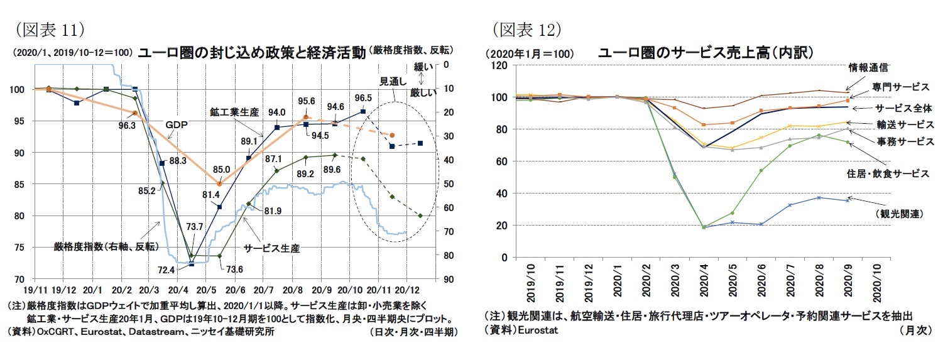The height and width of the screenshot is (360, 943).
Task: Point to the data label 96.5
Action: (363, 98)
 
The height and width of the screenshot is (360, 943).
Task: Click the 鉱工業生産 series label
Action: (234, 112)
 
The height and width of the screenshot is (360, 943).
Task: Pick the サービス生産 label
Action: (271, 248)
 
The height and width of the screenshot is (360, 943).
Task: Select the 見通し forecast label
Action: (394, 81)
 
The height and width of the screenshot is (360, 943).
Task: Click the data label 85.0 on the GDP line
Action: (221, 169)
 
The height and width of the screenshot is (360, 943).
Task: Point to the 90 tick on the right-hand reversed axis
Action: (447, 279)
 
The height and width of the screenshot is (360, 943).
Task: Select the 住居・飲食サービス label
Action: (887, 174)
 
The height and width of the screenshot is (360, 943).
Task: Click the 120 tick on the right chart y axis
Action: (499, 65)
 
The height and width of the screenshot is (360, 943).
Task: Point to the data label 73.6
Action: (234, 270)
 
